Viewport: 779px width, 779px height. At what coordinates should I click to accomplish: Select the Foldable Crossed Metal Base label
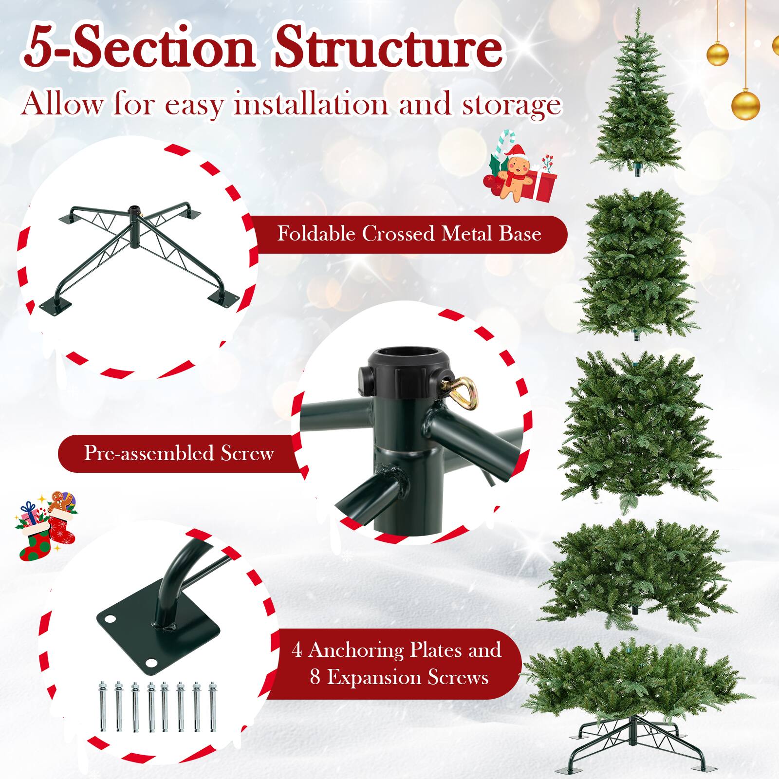(x=409, y=234)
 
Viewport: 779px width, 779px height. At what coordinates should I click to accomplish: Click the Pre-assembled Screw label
(x=179, y=453)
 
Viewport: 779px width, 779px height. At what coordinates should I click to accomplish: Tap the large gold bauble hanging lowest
(x=745, y=103)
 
